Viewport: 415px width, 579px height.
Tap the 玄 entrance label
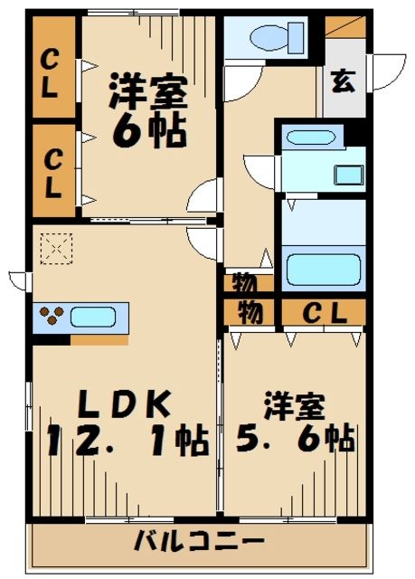[x=341, y=82]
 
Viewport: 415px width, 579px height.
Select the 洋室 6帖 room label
[x=148, y=110]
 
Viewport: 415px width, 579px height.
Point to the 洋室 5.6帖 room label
[x=296, y=425]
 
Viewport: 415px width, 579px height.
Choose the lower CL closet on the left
[x=52, y=175]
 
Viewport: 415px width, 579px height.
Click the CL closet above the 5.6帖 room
[x=323, y=313]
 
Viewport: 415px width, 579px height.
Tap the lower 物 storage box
[x=249, y=313]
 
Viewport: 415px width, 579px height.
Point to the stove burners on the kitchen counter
[x=52, y=318]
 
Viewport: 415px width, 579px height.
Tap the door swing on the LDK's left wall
[x=21, y=279]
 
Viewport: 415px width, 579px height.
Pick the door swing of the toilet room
[x=240, y=83]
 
